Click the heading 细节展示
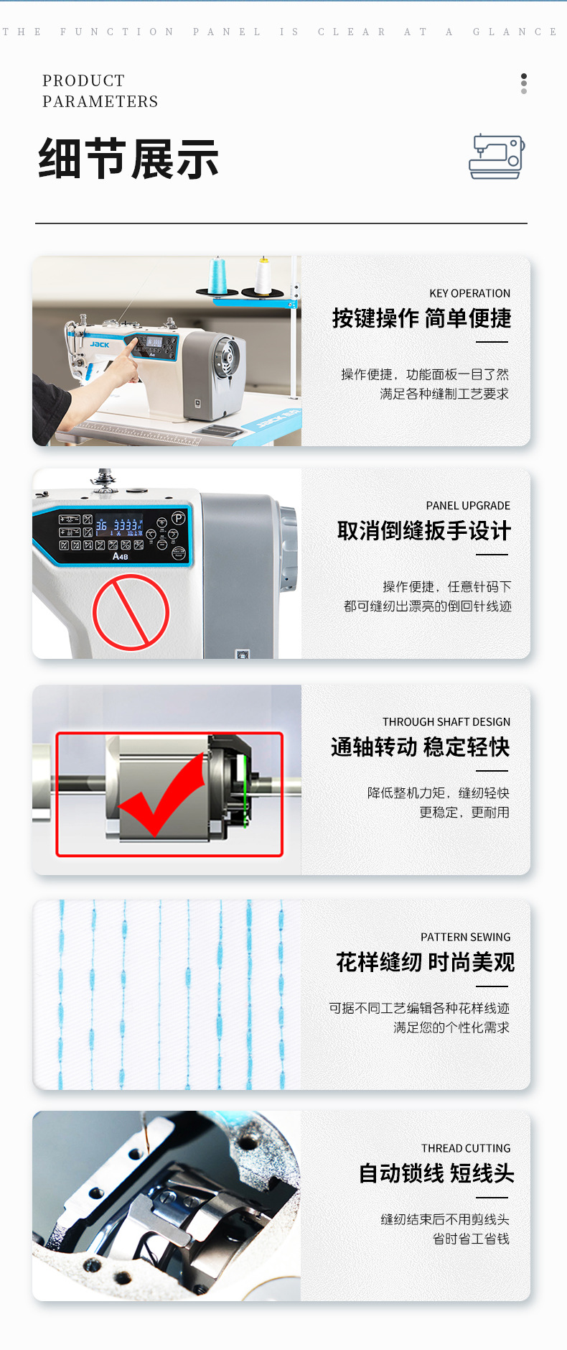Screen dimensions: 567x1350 click(128, 159)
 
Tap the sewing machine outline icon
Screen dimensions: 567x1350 click(497, 156)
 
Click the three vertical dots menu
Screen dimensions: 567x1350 click(524, 83)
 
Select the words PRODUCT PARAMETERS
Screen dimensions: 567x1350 click(100, 91)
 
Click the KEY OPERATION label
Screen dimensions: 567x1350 click(469, 293)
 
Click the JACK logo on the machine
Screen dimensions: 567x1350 click(100, 344)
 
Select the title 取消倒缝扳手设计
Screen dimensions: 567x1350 click(424, 531)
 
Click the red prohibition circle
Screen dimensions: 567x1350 click(131, 612)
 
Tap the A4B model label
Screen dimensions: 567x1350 click(121, 556)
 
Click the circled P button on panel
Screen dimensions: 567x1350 click(178, 517)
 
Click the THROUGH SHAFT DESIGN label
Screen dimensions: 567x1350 click(446, 721)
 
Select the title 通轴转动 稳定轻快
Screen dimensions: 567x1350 click(420, 747)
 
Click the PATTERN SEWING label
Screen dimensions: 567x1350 click(466, 937)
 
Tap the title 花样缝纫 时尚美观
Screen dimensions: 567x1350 click(426, 962)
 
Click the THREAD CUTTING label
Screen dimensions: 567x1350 click(466, 1148)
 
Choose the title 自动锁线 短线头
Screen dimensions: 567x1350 click(436, 1173)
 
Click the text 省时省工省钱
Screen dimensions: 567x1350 click(471, 1239)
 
